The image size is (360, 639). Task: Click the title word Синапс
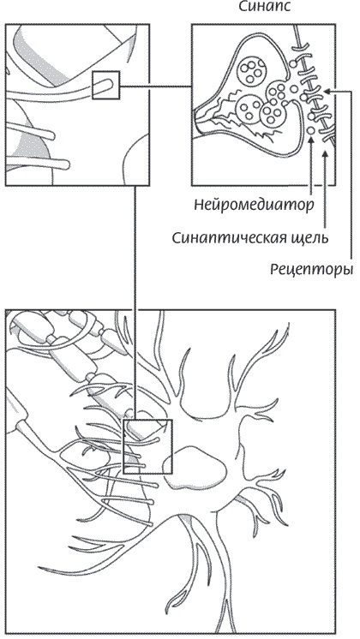pos(264,7)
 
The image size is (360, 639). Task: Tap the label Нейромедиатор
pos(254,205)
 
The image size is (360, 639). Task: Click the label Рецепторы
pos(311,269)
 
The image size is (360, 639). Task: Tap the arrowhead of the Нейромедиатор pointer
pos(311,141)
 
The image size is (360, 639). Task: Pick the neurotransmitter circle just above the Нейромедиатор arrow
pos(310,131)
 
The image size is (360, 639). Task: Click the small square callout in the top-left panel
pos(105,85)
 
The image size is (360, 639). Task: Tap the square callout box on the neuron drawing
pos(147,446)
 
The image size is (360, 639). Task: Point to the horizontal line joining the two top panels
pos(156,86)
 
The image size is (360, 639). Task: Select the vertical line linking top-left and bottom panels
pos(135,302)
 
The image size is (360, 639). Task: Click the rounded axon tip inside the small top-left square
pos(107,84)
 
